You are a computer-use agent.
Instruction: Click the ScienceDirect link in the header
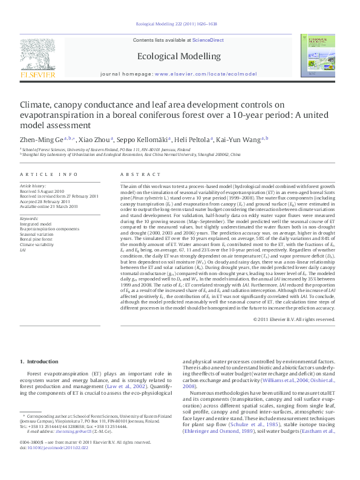[x=208, y=39]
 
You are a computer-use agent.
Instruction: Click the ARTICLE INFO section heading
[x=48, y=174]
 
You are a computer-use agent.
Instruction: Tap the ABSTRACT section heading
[x=137, y=174]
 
